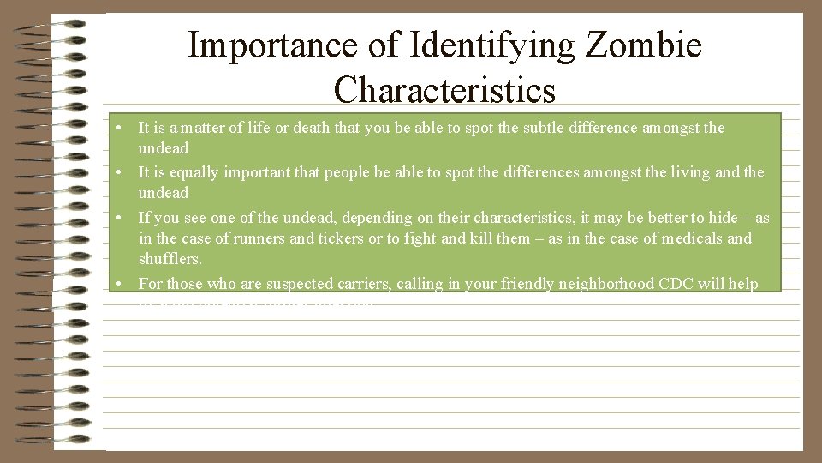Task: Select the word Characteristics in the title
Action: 444,89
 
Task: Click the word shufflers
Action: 169,259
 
